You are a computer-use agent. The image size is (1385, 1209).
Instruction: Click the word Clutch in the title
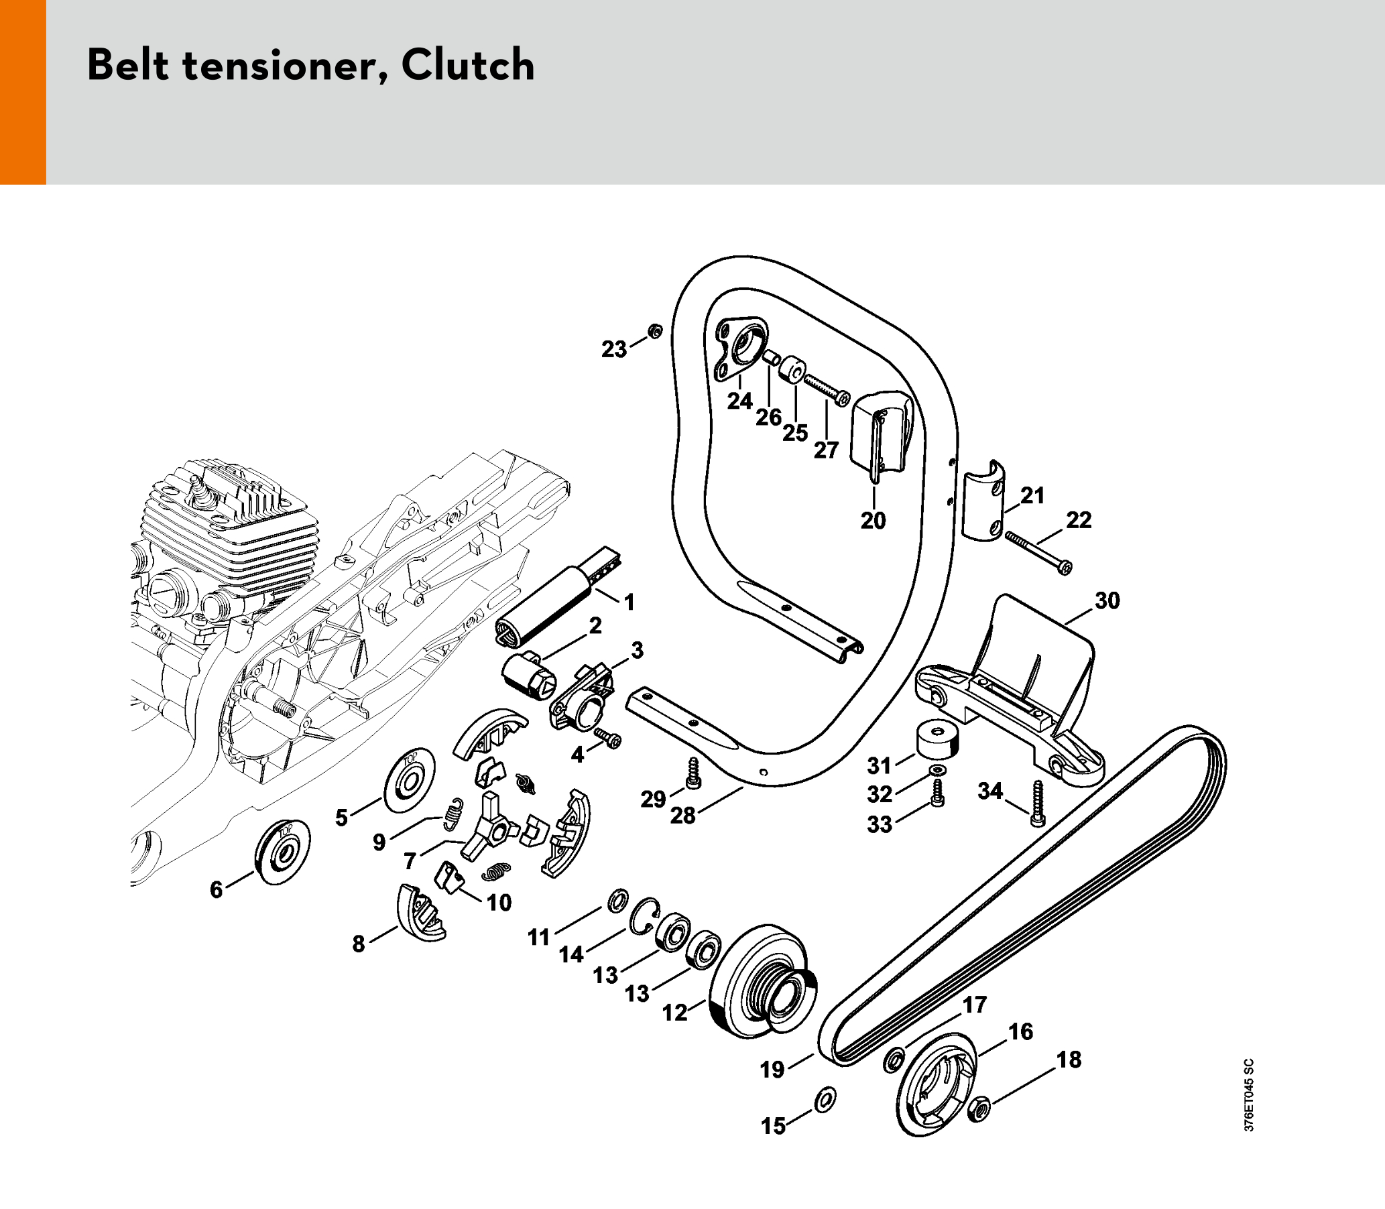tap(467, 66)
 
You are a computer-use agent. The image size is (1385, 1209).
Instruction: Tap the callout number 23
tap(614, 349)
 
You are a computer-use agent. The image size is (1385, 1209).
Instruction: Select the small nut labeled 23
tap(654, 331)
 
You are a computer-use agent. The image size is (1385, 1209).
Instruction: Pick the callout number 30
tap(1107, 600)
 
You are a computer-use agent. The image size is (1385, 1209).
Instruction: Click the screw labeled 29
tap(692, 773)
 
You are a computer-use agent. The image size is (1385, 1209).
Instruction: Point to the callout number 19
tap(772, 1070)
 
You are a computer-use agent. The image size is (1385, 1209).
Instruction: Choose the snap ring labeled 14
tap(642, 916)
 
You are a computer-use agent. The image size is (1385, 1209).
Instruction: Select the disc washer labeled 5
tap(409, 781)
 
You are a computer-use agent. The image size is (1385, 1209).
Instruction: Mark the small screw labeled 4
tap(607, 739)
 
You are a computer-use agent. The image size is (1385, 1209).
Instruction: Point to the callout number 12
tap(674, 1012)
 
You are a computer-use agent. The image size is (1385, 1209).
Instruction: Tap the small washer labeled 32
tap(937, 771)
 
